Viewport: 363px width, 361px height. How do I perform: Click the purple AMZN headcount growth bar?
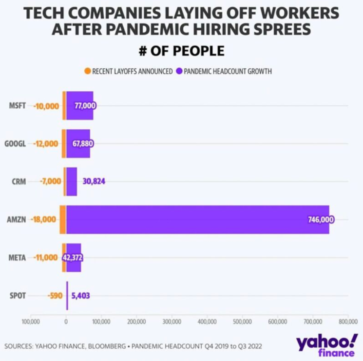coord(195,220)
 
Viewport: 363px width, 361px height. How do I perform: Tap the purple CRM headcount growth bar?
coord(71,181)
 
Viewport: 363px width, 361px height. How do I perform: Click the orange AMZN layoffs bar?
coord(63,220)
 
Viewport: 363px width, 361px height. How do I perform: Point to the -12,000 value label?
coord(46,143)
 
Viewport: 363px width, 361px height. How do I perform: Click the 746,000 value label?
coord(321,220)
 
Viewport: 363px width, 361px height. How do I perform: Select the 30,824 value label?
coord(94,181)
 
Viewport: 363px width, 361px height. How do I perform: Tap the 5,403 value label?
coord(80,295)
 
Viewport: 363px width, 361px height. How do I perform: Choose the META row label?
coord(18,257)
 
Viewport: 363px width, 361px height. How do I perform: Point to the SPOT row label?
coord(18,295)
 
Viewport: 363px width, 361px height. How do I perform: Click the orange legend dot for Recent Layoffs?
coord(87,71)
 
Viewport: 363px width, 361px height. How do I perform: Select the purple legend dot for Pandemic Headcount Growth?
coord(179,71)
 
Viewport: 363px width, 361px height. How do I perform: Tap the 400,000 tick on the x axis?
coord(207,321)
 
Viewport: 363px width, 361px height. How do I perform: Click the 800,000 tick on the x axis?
coord(348,321)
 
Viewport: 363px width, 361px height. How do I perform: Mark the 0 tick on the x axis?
coord(66,321)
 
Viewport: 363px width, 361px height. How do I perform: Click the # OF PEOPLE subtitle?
coord(181,51)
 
